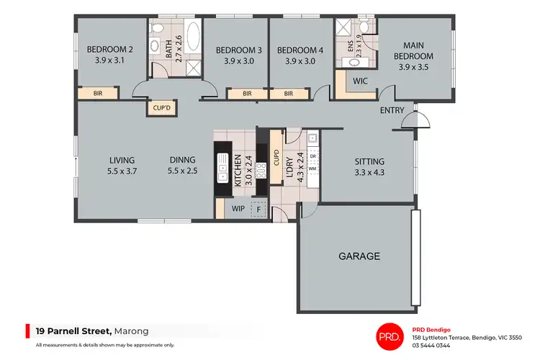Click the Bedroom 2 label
point(105,50)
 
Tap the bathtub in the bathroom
point(194,34)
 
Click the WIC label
point(361,81)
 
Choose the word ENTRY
point(392,111)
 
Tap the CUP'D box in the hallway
point(161,108)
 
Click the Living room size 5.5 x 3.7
point(122,171)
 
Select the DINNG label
point(182,161)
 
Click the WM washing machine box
point(312,168)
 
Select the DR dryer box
point(312,156)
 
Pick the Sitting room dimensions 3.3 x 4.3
point(369,172)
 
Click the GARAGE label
point(359,256)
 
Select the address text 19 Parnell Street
point(73,331)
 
